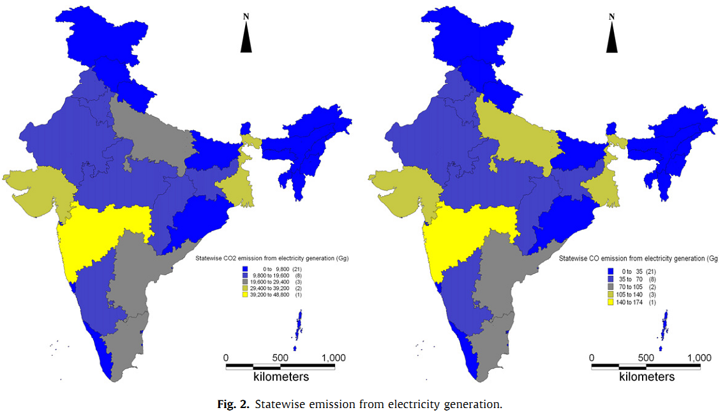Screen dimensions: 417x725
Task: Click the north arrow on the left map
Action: point(246,38)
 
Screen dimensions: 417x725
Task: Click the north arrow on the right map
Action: point(611,38)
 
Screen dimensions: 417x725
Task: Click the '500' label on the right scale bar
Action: point(647,358)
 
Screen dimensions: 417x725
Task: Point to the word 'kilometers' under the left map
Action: point(281,377)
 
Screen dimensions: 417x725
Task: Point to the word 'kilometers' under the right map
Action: point(647,377)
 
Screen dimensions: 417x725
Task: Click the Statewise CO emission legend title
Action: point(638,259)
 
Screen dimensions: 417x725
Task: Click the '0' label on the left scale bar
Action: point(226,358)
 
